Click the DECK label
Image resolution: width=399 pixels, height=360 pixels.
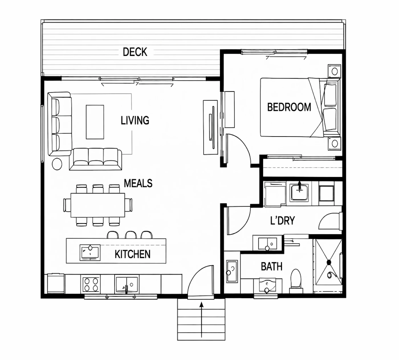point(135,52)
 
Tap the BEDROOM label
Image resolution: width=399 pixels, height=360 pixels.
point(289,107)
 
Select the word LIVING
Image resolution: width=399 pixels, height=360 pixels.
point(135,120)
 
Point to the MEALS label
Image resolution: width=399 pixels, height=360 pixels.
point(138,183)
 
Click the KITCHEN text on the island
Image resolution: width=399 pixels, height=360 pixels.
point(133,254)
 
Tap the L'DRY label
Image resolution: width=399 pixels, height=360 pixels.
point(282,221)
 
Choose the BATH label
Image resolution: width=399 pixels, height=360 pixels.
point(272,267)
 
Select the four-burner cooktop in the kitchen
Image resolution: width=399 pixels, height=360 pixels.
point(91,284)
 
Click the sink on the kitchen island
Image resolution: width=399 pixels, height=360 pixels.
point(90,253)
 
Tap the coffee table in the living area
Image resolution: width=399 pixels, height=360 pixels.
point(95,122)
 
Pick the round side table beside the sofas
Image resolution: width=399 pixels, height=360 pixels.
point(57,164)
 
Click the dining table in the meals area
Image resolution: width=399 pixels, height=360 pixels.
point(98,205)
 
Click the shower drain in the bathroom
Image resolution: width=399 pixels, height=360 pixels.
point(329,262)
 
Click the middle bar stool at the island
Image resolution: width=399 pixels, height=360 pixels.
point(131,235)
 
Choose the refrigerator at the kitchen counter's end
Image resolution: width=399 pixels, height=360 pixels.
point(56,283)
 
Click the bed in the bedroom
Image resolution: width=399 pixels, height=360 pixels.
point(300,107)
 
